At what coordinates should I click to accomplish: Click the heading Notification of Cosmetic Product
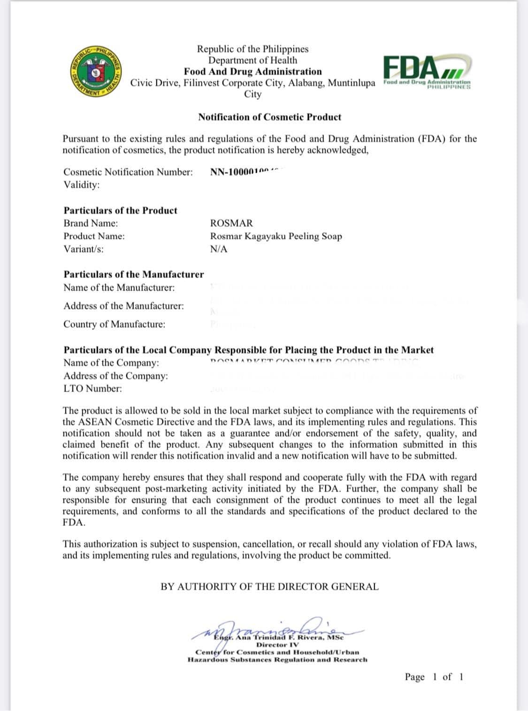pos(269,117)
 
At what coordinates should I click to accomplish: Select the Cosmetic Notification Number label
pos(128,172)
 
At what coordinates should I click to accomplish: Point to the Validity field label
pos(82,185)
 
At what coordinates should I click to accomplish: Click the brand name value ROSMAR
pos(231,223)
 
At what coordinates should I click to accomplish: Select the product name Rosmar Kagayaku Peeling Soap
pos(276,236)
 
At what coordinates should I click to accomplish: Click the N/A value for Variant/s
pos(219,249)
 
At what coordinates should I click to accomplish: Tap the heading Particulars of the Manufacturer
pos(134,274)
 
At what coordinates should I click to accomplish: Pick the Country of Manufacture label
pos(115,324)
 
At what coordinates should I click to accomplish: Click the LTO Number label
pos(92,388)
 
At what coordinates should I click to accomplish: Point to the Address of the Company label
pos(115,376)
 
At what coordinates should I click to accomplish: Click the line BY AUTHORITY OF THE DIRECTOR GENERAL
pos(269,587)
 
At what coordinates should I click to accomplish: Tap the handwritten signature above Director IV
pos(277,626)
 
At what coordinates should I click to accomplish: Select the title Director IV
pos(277,645)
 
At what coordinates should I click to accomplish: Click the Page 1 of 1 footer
pos(434,677)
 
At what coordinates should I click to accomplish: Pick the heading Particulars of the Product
pos(121,210)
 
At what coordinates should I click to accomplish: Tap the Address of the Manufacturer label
pos(124,306)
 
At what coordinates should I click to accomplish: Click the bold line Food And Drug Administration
pos(253,71)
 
